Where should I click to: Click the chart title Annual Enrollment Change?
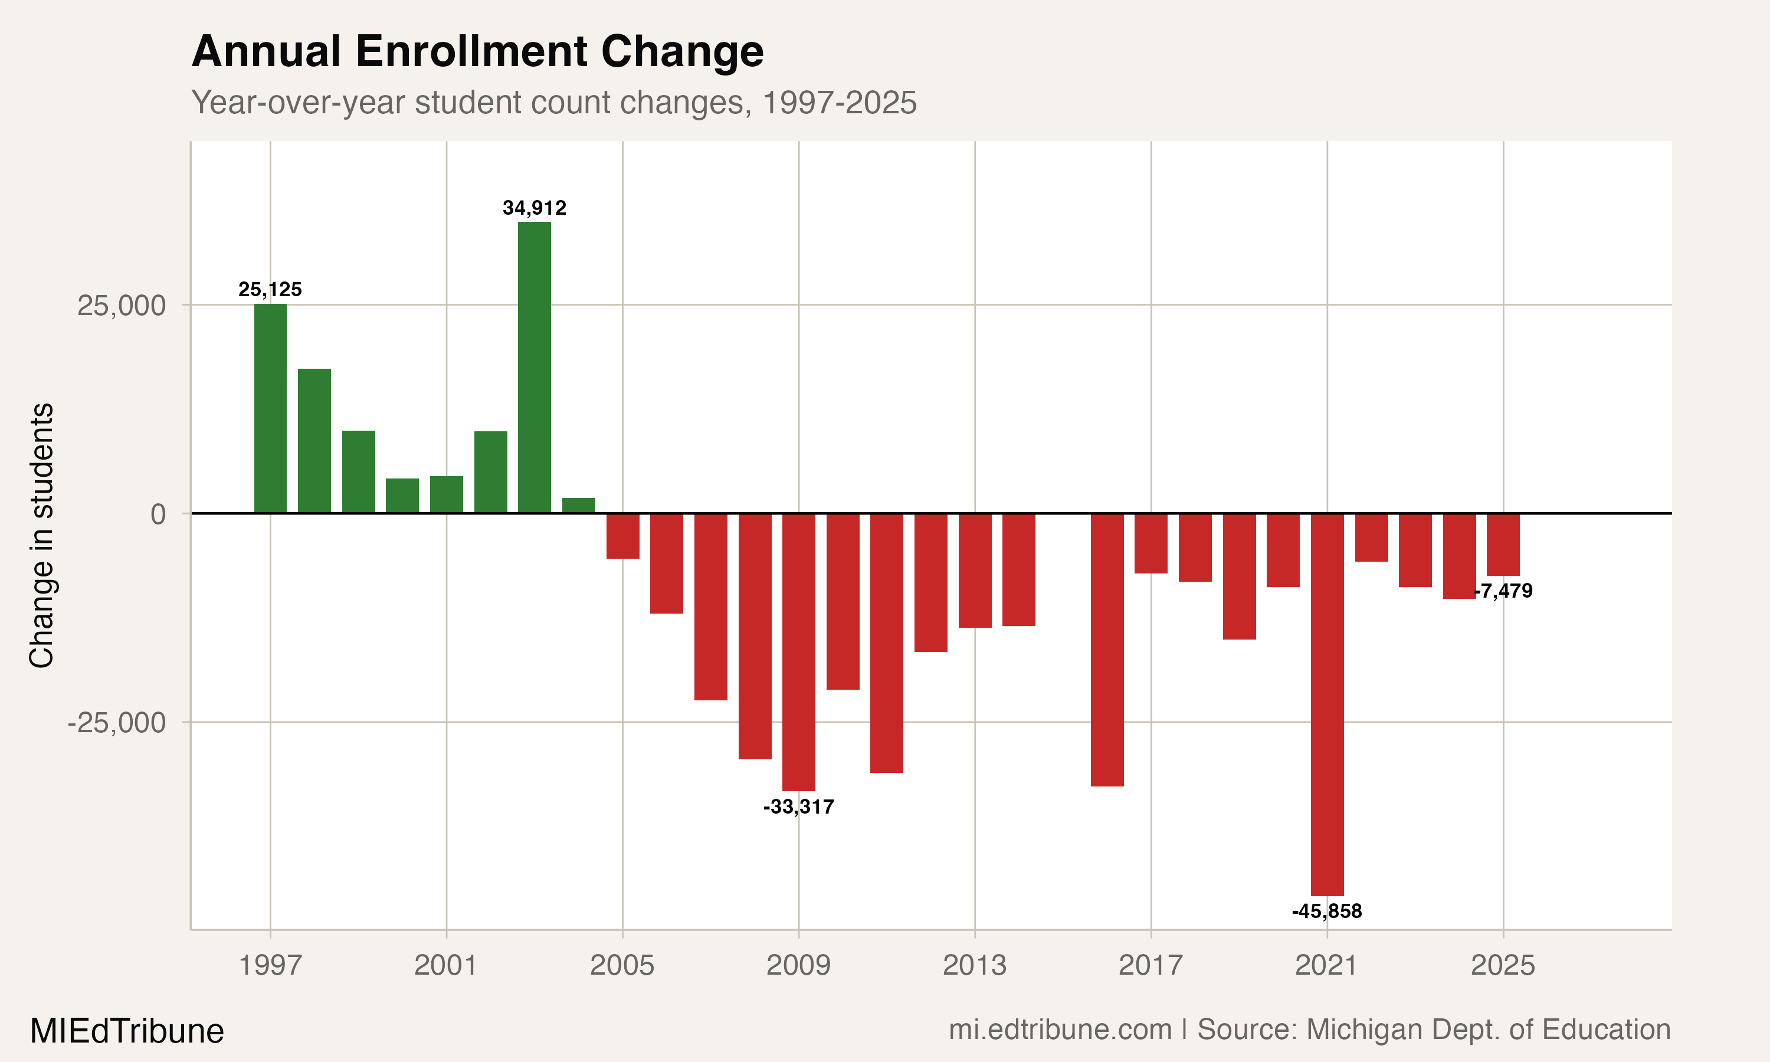[x=477, y=51]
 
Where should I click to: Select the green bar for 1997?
[x=270, y=408]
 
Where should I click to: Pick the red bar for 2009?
[x=798, y=651]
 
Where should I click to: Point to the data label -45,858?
[x=1327, y=911]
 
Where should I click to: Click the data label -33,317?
[x=798, y=807]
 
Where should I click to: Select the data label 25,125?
[x=270, y=289]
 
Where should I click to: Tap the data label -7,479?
[x=1504, y=591]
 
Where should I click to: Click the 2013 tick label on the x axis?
[x=975, y=965]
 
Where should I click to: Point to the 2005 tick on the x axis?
[x=622, y=965]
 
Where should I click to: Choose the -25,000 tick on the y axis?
[x=117, y=722]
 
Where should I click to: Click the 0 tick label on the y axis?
[x=158, y=514]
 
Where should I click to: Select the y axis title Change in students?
[x=41, y=535]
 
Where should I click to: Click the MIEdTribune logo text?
[x=127, y=1031]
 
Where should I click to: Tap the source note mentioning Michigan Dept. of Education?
[x=1309, y=1029]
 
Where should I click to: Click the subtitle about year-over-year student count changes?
[x=554, y=102]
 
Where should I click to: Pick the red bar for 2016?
[x=1107, y=649]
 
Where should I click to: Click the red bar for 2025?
[x=1503, y=545]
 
